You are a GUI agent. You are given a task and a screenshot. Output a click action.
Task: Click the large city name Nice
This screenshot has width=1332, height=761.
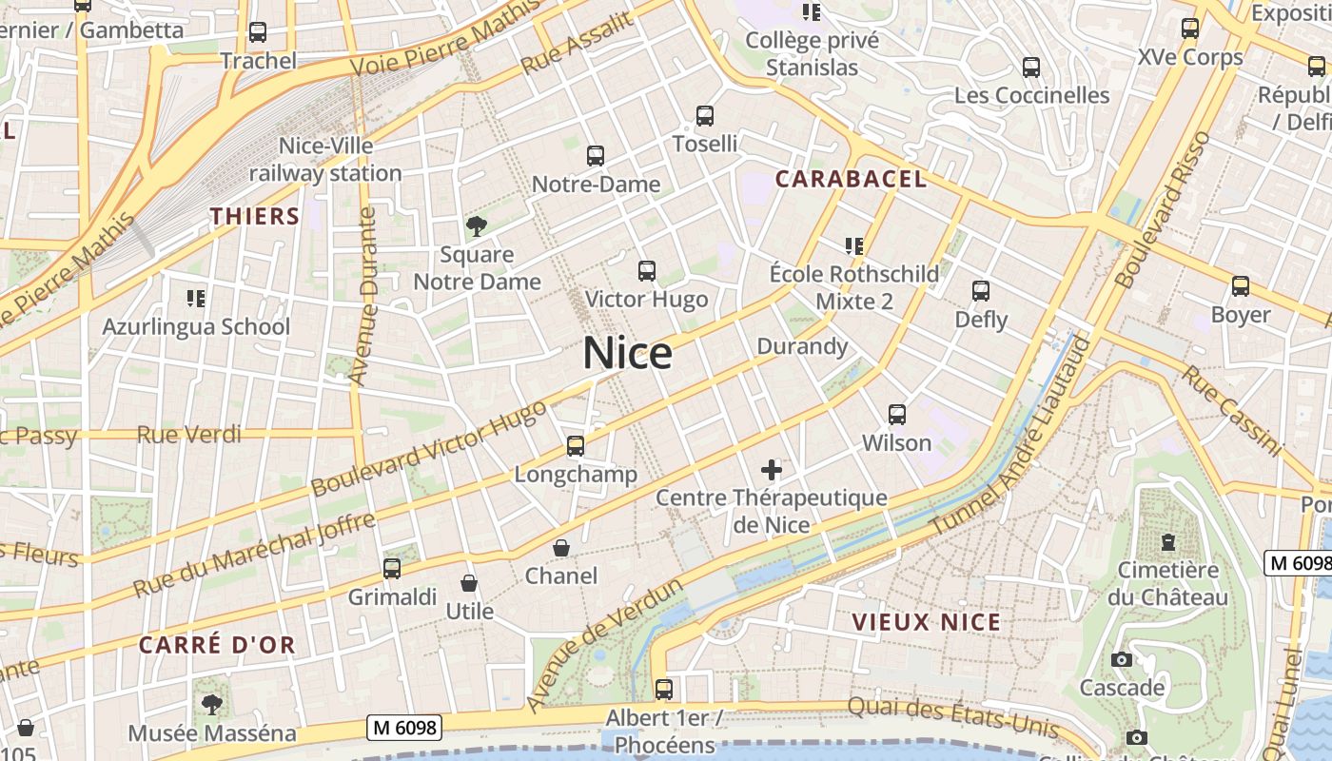coord(627,354)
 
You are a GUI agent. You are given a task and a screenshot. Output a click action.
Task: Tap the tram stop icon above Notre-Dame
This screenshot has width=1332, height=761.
coord(596,155)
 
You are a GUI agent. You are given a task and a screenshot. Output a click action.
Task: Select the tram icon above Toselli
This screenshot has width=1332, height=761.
coord(705,116)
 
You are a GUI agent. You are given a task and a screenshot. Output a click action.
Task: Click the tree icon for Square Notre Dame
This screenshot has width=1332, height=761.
coord(477,226)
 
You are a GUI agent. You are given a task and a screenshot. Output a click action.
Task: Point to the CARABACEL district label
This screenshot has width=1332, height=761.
coord(851,179)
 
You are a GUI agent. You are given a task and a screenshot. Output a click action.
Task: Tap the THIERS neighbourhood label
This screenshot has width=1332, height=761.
coord(255,216)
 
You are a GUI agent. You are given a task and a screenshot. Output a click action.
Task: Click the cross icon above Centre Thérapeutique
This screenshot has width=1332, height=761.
coord(772,470)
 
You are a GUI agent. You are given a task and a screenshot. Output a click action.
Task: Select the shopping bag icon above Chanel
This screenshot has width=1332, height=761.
coord(561,549)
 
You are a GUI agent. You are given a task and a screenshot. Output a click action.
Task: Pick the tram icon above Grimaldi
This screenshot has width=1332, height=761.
coord(392,569)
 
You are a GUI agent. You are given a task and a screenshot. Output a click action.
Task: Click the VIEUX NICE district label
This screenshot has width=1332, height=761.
coord(926,622)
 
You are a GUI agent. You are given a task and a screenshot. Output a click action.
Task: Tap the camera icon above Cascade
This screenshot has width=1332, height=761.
coord(1122,660)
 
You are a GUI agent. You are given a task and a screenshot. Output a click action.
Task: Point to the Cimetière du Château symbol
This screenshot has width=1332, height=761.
coord(1168,542)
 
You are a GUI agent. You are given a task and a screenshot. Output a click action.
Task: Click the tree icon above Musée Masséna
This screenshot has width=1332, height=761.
coord(211,705)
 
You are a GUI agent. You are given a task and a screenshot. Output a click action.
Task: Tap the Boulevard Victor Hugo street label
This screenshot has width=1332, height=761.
coord(429,448)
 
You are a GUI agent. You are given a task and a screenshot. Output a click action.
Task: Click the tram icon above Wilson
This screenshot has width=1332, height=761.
coord(897,415)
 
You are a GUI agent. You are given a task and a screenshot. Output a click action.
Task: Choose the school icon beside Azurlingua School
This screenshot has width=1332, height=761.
coord(196,299)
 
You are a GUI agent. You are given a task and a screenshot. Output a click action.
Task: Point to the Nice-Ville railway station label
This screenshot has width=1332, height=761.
coord(325,160)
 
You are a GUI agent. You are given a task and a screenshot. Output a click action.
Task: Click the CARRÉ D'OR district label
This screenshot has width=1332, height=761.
coord(217,644)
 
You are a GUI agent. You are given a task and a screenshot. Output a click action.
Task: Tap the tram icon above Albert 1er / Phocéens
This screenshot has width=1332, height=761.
coord(664,689)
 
